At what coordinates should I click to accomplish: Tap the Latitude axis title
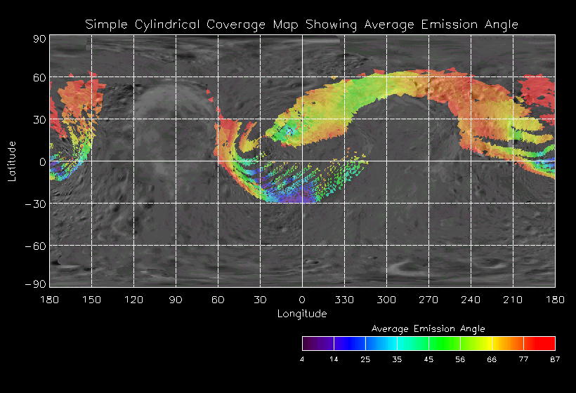pos(12,161)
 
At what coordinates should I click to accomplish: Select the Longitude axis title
pos(302,314)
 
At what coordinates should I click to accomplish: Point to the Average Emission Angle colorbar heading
pos(428,328)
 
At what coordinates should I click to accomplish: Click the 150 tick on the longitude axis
pos(91,300)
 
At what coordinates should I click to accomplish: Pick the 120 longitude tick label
pos(133,300)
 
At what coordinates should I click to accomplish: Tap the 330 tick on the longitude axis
pos(344,300)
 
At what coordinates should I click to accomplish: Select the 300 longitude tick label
pos(386,300)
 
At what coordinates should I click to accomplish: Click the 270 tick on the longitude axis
pos(428,300)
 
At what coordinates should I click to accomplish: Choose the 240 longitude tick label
pos(471,300)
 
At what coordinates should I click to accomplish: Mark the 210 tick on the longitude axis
pos(513,300)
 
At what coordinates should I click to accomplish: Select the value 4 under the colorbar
pos(302,359)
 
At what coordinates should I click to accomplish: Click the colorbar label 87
pos(555,359)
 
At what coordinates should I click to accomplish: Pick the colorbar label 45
pos(428,359)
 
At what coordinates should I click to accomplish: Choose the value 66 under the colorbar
pos(492,359)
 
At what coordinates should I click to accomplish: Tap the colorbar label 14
pos(334,359)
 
